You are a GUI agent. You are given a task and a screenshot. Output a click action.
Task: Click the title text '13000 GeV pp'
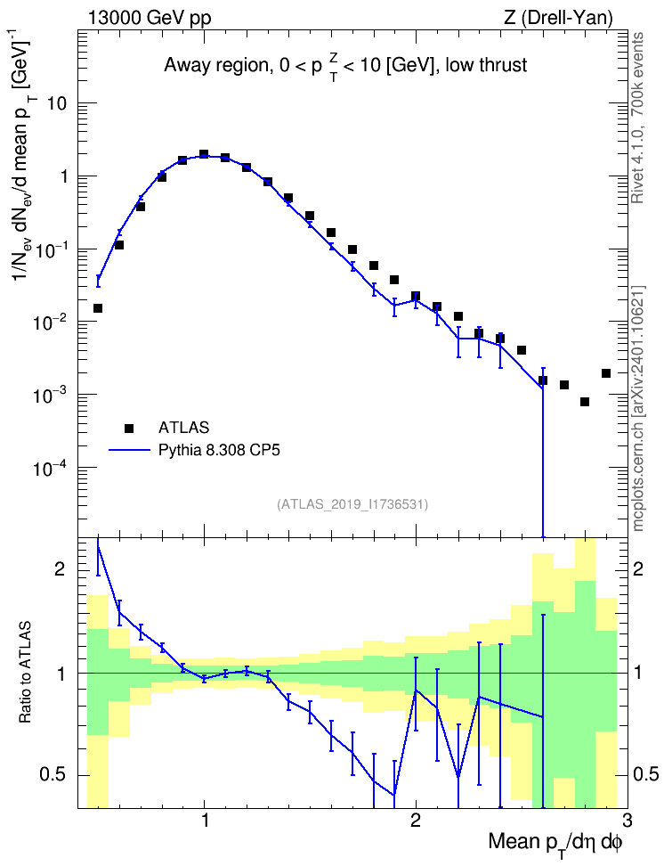point(149,18)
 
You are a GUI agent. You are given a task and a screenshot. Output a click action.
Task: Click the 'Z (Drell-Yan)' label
point(558,18)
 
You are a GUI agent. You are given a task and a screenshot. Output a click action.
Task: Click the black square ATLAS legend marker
point(128,428)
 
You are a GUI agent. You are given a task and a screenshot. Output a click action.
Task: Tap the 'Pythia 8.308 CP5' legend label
point(219,451)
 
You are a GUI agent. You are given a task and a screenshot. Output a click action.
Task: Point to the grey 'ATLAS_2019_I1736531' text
point(352,504)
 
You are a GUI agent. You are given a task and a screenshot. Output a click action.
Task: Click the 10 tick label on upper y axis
point(57,103)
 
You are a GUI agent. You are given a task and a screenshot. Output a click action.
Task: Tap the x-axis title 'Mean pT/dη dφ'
point(555,843)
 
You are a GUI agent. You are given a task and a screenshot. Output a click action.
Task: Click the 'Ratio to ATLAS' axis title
point(25,672)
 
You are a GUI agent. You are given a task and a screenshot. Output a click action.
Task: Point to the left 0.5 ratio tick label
point(53,774)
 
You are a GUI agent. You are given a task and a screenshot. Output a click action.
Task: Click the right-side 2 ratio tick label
point(638,568)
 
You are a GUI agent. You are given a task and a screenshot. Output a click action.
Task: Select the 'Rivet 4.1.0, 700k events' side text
point(637,118)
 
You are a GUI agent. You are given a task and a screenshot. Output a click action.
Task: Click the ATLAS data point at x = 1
point(204,154)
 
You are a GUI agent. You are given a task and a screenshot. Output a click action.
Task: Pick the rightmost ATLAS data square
point(605,373)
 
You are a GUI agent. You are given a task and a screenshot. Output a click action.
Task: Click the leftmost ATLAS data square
point(98,308)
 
